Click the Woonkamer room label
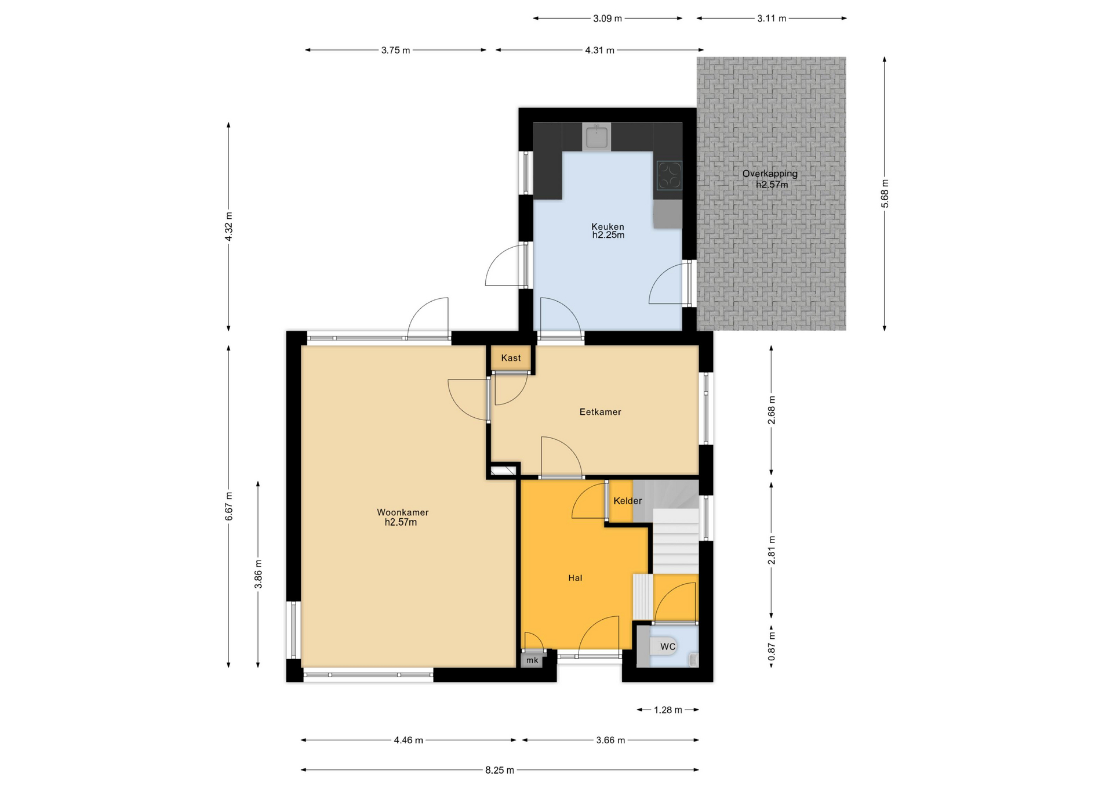402,512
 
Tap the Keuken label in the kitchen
608,226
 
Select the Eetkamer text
600,412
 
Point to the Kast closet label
511,358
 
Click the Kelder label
628,501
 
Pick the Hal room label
575,578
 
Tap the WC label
668,646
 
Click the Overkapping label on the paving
770,173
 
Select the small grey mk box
532,660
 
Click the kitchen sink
596,138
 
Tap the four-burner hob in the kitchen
669,175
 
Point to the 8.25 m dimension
500,770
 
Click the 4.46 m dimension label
409,740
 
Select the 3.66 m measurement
610,740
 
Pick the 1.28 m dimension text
668,710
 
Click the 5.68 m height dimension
885,194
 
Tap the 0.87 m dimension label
772,646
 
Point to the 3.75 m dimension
395,50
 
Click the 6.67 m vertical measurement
229,506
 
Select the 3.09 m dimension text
608,19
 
